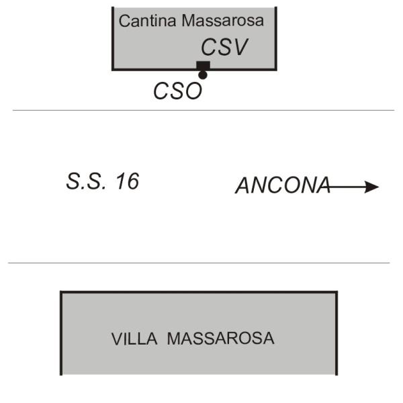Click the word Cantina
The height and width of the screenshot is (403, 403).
[147, 21]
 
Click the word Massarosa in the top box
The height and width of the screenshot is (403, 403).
[222, 21]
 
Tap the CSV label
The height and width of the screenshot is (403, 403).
[224, 47]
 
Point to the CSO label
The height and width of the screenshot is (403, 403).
[177, 91]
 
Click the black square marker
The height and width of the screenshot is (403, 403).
[203, 65]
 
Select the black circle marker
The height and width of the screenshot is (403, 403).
[203, 75]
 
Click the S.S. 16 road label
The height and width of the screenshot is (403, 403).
[103, 181]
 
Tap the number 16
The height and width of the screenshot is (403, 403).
[128, 181]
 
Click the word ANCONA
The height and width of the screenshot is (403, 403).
[283, 185]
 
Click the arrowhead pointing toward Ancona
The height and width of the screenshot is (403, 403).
[372, 187]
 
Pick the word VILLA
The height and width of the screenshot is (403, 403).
[134, 339]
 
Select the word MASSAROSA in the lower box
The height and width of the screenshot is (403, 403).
[220, 339]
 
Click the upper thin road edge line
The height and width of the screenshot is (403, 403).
[204, 110]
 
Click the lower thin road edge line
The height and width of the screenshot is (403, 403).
[199, 263]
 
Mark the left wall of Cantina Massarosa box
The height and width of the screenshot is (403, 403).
[113, 38]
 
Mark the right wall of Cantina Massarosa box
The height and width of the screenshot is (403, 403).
[276, 38]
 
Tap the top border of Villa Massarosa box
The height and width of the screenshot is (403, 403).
[199, 292]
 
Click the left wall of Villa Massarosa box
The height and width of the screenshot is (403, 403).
[61, 333]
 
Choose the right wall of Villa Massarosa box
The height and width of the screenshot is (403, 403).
[337, 333]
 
